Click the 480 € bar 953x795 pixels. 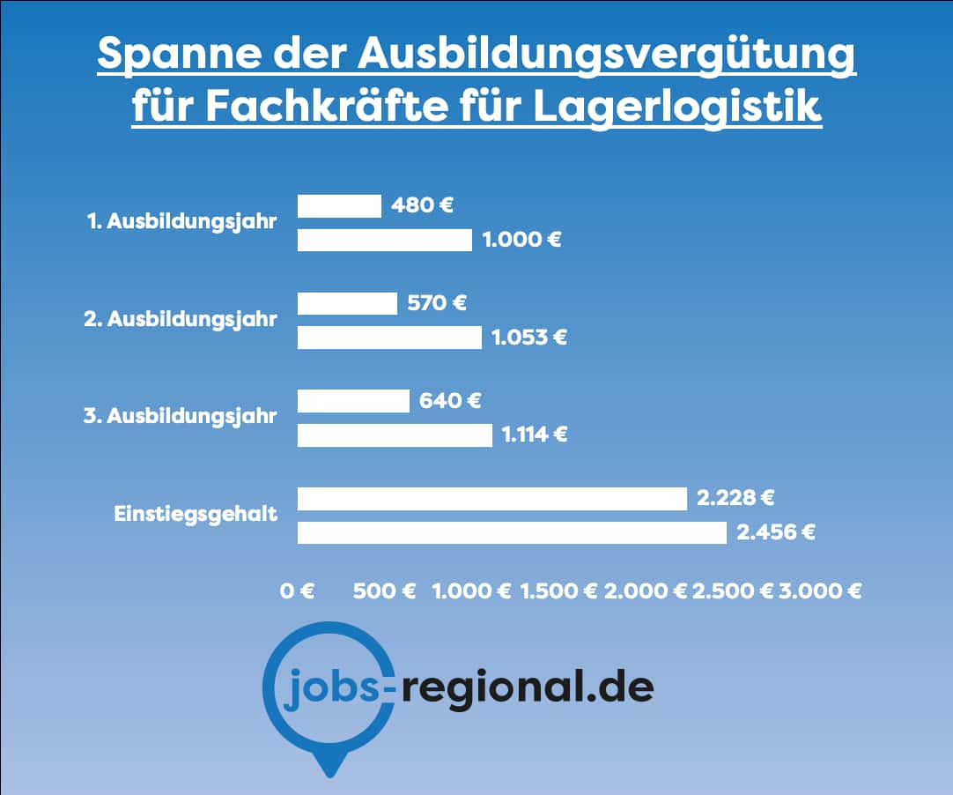click(x=339, y=206)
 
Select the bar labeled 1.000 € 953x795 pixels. click(x=385, y=240)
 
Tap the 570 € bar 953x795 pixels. click(x=347, y=304)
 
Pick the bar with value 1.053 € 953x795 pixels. click(x=389, y=338)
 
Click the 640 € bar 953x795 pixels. click(x=353, y=402)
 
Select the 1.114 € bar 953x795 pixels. click(x=395, y=435)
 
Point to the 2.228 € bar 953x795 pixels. click(x=491, y=499)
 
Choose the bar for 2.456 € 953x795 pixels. click(x=512, y=532)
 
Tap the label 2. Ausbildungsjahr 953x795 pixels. click(x=181, y=320)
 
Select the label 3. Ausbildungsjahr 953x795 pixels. click(x=181, y=417)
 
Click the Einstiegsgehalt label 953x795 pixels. click(x=196, y=514)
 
